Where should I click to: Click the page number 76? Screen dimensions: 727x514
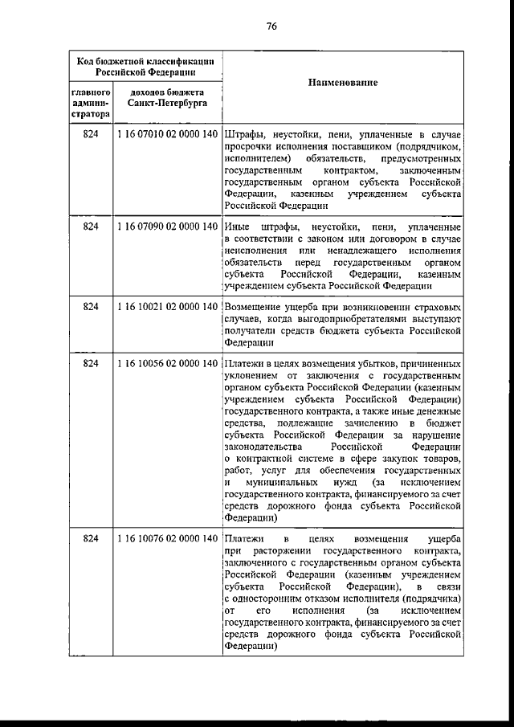tap(271, 26)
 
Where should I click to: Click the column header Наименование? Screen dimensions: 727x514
tap(342, 84)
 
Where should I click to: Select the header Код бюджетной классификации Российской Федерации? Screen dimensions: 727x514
tap(145, 65)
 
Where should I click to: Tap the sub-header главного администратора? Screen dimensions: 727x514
tap(91, 103)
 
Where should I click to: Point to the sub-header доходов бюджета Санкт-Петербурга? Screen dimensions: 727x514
tap(167, 98)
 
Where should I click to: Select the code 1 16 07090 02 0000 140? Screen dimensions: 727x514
tap(167, 227)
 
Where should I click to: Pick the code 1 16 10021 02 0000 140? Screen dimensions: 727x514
tap(167, 308)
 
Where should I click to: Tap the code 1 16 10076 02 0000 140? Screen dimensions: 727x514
tap(167, 537)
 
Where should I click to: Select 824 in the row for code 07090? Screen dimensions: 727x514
tap(91, 227)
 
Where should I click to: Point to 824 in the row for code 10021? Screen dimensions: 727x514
tap(91, 308)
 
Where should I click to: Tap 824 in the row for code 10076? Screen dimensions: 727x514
tap(91, 537)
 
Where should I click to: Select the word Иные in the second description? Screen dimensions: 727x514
tap(238, 227)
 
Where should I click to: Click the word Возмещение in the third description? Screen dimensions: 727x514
tap(254, 308)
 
